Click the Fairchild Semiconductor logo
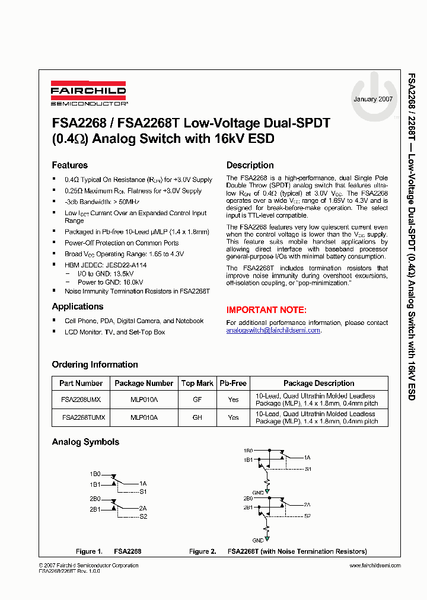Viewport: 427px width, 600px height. click(x=88, y=93)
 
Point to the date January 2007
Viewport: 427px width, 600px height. click(x=372, y=99)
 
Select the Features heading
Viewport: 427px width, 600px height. click(x=69, y=165)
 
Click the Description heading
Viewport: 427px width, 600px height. click(x=250, y=165)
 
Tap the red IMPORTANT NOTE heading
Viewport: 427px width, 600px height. click(x=266, y=310)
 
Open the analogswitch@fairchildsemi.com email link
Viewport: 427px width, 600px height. click(x=273, y=330)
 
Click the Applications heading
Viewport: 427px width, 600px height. click(x=77, y=307)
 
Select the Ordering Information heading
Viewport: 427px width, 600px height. click(x=94, y=365)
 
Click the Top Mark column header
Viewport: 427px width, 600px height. click(x=197, y=384)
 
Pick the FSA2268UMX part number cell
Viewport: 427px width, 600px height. click(x=81, y=400)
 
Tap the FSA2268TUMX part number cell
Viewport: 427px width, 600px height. click(x=83, y=417)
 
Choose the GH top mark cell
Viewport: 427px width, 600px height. click(x=197, y=417)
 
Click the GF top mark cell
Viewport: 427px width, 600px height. click(x=197, y=400)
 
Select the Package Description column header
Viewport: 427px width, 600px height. click(x=318, y=384)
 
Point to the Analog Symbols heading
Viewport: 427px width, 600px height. click(x=85, y=442)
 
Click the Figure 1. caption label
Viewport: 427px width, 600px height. click(x=89, y=551)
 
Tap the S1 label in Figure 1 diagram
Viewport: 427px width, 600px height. click(x=143, y=492)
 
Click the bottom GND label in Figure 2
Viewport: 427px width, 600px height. click(x=258, y=541)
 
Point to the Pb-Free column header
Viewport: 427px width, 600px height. click(x=233, y=384)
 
